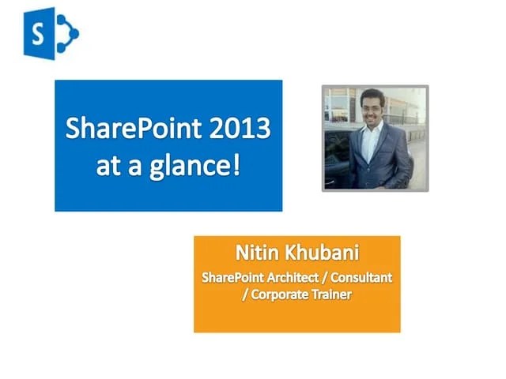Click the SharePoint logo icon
(50, 32)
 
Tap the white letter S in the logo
(38, 34)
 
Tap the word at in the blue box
(109, 167)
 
